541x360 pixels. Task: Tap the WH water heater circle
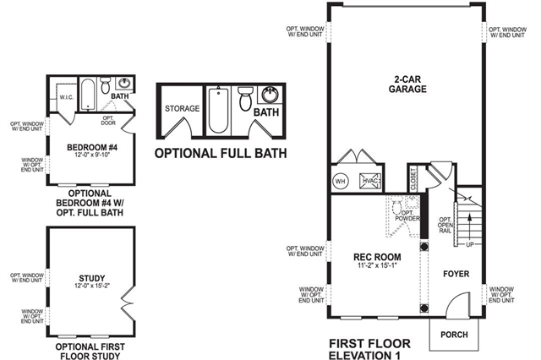click(342, 181)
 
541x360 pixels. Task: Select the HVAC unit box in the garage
click(369, 181)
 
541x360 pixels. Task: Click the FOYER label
click(454, 274)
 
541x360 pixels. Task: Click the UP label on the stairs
click(468, 245)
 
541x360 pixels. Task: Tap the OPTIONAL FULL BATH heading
click(220, 153)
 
